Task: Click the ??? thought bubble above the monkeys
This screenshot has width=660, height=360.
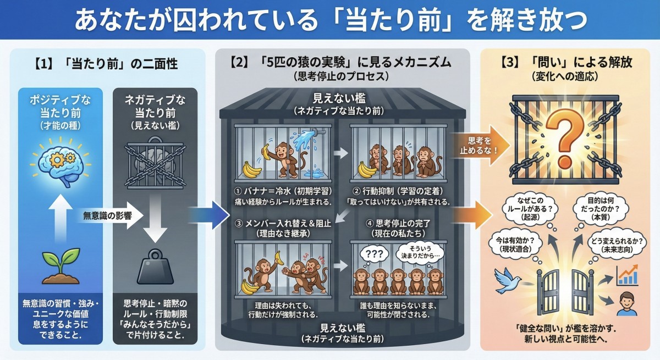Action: pyautogui.click(x=373, y=254)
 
